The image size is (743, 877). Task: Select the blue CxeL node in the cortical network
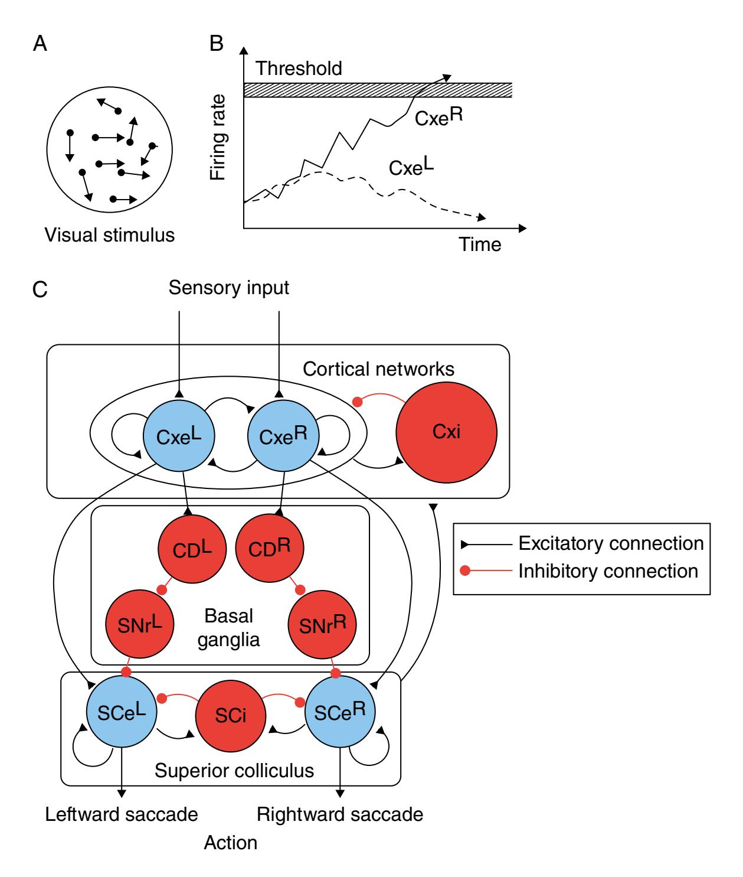tap(178, 436)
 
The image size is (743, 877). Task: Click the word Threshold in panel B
tap(299, 69)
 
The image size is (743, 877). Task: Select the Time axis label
tap(481, 244)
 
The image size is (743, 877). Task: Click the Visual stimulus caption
tap(110, 235)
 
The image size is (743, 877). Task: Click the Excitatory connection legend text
tap(611, 543)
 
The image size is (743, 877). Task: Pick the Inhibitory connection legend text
tap(608, 571)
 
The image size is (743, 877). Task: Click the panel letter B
tap(217, 44)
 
